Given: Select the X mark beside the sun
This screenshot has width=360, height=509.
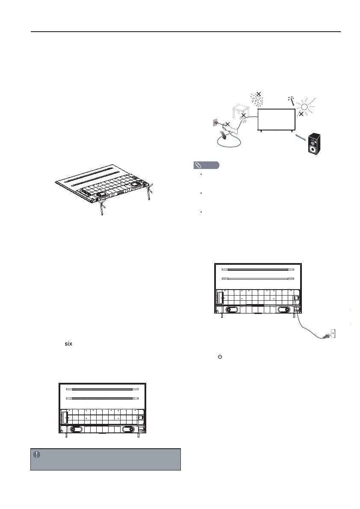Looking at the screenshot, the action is (301, 115).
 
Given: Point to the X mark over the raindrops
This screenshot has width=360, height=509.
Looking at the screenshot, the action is (258, 94).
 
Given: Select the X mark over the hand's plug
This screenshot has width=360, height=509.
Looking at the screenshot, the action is (228, 124).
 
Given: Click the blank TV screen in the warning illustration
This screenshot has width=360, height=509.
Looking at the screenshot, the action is (276, 118).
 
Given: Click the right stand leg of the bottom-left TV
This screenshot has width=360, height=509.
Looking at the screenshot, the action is (138, 436).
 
